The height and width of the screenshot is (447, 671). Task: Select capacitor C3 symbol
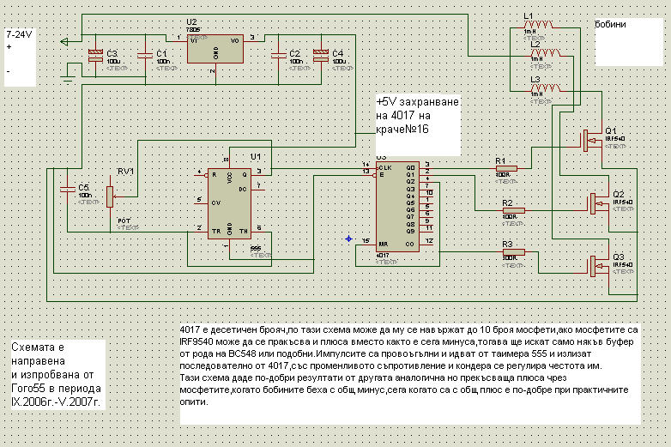[94, 54]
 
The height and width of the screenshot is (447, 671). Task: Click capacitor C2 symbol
[277, 54]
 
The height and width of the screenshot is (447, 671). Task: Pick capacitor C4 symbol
[320, 54]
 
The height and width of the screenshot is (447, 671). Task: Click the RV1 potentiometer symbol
[109, 196]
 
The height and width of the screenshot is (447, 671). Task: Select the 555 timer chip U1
[227, 202]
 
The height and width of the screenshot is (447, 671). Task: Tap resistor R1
[506, 169]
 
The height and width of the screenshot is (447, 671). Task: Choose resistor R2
[512, 210]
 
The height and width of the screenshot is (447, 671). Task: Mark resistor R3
[512, 253]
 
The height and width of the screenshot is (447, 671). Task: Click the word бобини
[610, 25]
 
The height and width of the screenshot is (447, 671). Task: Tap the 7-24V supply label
[19, 33]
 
